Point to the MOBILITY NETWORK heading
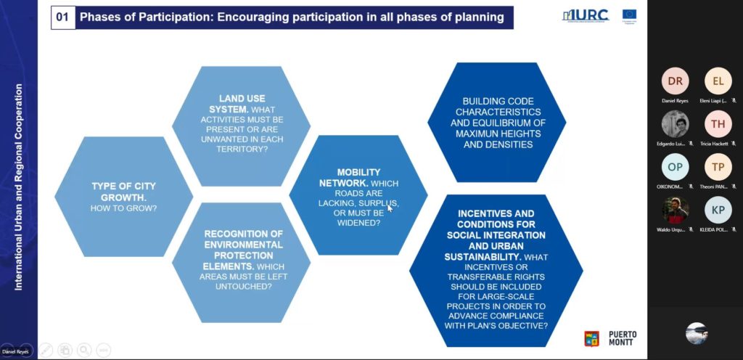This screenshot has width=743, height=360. point(349,177)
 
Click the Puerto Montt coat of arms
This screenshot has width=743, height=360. point(591,337)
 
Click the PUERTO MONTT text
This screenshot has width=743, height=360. point(623,337)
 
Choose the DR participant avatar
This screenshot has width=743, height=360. point(675,81)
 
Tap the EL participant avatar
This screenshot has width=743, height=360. point(718,81)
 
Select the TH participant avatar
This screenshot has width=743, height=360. point(718,124)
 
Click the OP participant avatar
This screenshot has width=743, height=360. point(675,167)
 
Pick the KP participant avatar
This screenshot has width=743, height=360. point(718,210)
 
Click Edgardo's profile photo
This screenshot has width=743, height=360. point(675,124)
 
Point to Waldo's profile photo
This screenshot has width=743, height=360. point(675,210)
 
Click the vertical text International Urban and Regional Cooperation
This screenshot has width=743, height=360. point(20,187)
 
